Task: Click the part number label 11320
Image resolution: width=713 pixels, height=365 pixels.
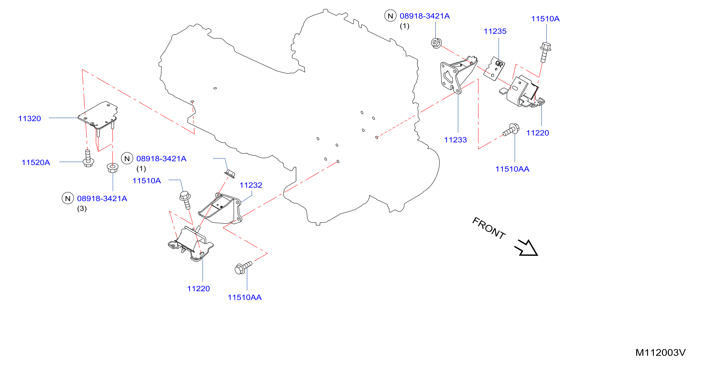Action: [29, 119]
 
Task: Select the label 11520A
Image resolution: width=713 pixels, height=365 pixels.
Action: [36, 162]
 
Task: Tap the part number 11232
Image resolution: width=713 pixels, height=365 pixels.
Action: [251, 185]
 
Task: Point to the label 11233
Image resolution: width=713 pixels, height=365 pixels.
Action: [455, 140]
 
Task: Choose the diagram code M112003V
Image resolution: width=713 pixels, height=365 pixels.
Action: [660, 352]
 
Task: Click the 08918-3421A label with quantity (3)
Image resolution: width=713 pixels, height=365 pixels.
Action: [102, 198]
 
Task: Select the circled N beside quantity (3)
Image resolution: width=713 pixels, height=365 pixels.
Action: [68, 198]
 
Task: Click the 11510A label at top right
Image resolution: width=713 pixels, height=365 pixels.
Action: [545, 19]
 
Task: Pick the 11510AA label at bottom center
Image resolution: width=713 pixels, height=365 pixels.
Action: [244, 297]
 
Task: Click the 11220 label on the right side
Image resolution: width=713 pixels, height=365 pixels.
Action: [537, 133]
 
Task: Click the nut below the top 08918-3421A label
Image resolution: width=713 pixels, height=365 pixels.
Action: [436, 43]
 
